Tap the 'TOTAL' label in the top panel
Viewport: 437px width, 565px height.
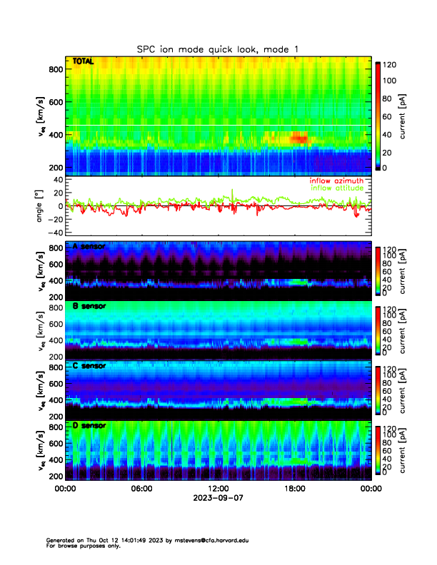(82, 62)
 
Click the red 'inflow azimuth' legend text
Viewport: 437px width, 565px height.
(336, 181)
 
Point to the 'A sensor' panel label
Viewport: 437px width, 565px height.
(89, 247)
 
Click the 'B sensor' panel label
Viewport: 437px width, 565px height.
(89, 306)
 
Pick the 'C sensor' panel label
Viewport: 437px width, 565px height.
(89, 366)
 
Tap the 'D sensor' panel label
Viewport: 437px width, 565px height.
(89, 426)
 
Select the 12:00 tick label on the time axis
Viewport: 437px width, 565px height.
(218, 489)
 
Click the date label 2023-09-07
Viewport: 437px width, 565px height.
(218, 499)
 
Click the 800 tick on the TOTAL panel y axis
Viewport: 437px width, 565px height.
(54, 69)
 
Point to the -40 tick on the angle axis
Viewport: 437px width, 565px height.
(54, 233)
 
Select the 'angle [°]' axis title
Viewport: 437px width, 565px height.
(40, 206)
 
